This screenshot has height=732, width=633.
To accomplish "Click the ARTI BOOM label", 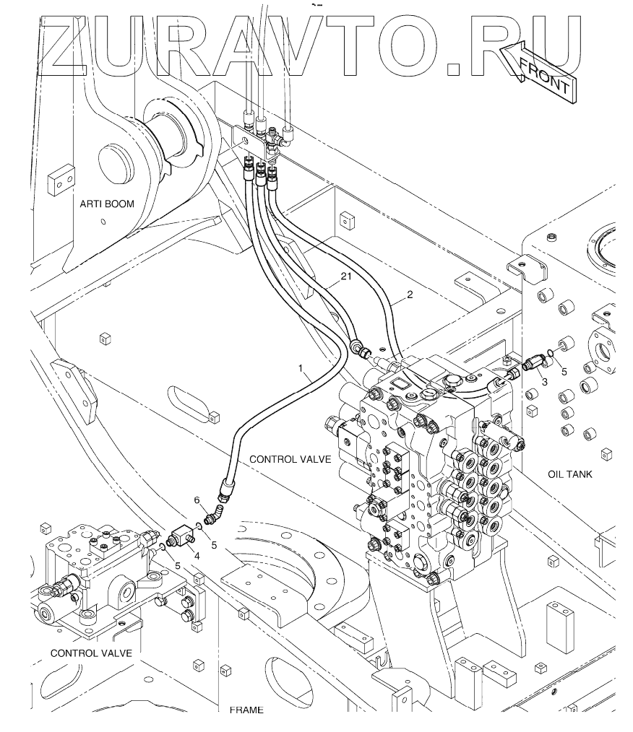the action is click(x=107, y=204).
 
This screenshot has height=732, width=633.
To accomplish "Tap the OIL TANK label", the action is click(x=570, y=474).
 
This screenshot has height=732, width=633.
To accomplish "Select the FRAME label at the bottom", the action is click(x=246, y=710).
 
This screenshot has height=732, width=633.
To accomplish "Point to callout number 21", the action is click(x=345, y=276).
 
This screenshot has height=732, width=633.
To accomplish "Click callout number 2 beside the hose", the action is click(x=410, y=295).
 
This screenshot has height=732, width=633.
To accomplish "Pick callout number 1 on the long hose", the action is click(x=301, y=368).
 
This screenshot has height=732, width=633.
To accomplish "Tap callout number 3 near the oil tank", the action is click(x=545, y=382).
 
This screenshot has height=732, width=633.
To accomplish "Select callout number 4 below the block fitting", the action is click(x=197, y=557).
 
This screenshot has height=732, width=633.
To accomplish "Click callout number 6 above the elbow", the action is click(x=197, y=500).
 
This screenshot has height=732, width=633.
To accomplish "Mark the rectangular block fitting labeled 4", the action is click(x=181, y=537).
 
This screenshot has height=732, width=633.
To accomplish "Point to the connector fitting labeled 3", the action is click(x=533, y=363).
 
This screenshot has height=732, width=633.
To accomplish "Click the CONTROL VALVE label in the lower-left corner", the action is click(x=91, y=653).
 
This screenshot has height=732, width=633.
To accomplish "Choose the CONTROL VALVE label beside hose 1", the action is click(x=290, y=459).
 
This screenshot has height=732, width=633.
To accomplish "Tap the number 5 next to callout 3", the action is click(x=564, y=372).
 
